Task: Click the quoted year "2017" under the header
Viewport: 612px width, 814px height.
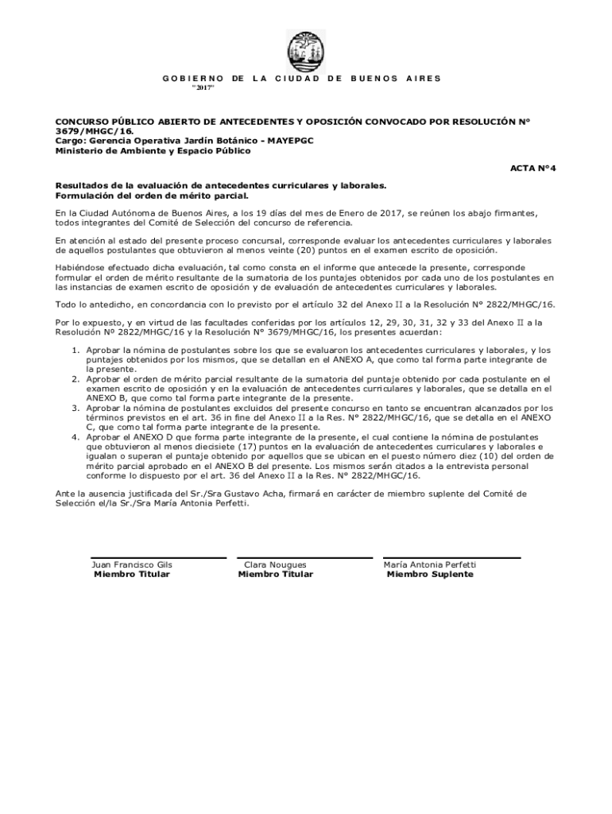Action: (203, 88)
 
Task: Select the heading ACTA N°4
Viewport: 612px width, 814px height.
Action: (533, 169)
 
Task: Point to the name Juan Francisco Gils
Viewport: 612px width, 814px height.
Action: (133, 565)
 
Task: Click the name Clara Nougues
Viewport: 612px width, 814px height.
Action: (275, 565)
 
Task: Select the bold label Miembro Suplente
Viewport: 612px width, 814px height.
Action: (429, 574)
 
